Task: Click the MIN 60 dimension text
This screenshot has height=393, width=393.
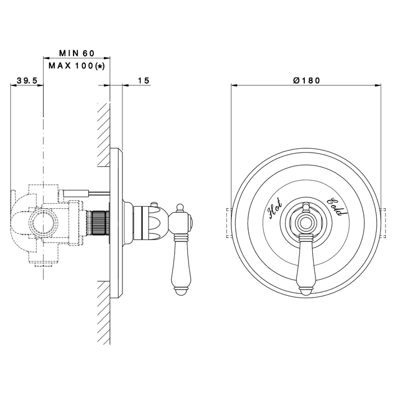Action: click(x=77, y=53)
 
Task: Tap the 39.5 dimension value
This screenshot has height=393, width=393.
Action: click(x=27, y=81)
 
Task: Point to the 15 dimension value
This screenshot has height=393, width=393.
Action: click(x=144, y=81)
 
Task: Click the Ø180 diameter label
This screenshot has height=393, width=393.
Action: click(x=307, y=80)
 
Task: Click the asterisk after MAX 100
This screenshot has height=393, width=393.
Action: click(x=100, y=66)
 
